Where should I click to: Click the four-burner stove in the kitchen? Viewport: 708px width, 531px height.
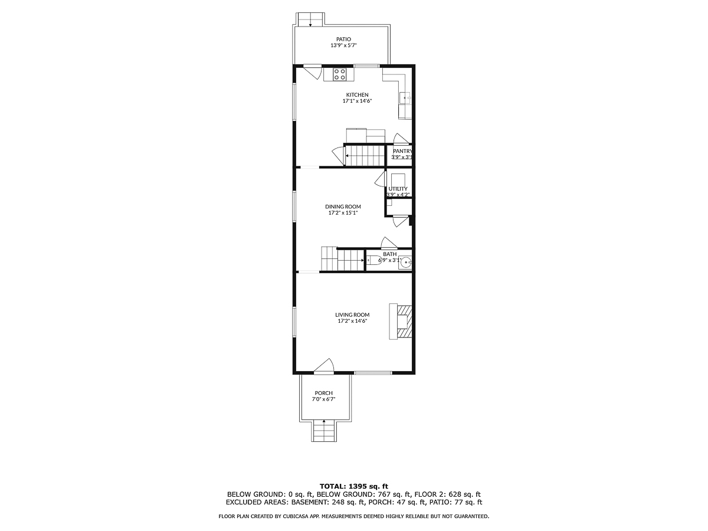(340, 74)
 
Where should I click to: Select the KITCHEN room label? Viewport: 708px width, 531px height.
(357, 95)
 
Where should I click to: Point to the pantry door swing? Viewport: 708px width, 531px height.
(401, 139)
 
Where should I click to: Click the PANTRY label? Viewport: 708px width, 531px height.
(402, 151)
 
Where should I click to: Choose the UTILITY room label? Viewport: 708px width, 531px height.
(398, 189)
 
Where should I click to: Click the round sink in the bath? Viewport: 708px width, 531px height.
(404, 263)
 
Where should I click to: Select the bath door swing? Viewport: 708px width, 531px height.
(389, 242)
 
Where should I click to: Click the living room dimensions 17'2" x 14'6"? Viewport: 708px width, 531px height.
(353, 322)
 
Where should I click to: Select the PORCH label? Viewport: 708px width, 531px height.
(323, 393)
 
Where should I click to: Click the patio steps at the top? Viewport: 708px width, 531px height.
(310, 19)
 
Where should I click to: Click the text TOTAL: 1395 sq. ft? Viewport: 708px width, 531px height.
(354, 486)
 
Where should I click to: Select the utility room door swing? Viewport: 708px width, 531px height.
(380, 179)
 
